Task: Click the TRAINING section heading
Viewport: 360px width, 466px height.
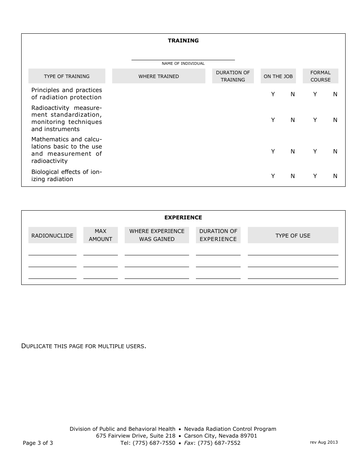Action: coord(183,41)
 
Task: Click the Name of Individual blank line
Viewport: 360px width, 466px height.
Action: coord(183,57)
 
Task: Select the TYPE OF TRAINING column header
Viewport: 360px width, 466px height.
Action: coord(67,76)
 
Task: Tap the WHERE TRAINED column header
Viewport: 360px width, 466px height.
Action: coord(158,76)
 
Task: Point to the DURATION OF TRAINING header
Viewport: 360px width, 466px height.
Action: coord(233,76)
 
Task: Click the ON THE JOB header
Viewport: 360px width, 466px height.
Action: coord(278,76)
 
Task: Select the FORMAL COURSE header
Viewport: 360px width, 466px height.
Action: coord(320,76)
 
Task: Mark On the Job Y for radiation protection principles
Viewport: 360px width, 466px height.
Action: coord(273,94)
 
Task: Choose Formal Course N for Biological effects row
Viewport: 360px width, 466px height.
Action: coord(335,176)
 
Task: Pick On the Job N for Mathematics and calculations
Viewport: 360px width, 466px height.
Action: coord(293,152)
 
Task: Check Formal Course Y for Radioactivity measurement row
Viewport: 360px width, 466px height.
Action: coord(315,120)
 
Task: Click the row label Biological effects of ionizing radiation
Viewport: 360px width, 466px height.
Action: coord(66,176)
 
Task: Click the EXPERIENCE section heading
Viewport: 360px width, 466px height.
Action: coord(183,217)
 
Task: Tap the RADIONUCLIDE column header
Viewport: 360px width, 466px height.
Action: coord(52,235)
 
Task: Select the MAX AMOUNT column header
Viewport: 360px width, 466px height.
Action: coord(100,235)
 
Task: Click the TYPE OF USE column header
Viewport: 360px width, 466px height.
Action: coord(293,235)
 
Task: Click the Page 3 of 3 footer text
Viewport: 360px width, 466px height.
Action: coord(38,443)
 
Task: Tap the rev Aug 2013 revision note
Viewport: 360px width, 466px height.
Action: coord(324,442)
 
